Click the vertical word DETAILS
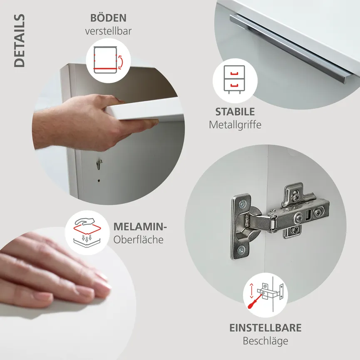point(19,41)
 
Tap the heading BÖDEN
point(108,18)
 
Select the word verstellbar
point(108,31)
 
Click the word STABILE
point(235,112)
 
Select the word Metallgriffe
point(235,124)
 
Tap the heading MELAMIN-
point(140,227)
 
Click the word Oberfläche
point(138,240)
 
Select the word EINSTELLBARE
point(266,328)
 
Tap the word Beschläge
point(266,341)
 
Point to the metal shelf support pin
point(99,164)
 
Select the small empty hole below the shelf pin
point(99,181)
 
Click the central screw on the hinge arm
point(298,217)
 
